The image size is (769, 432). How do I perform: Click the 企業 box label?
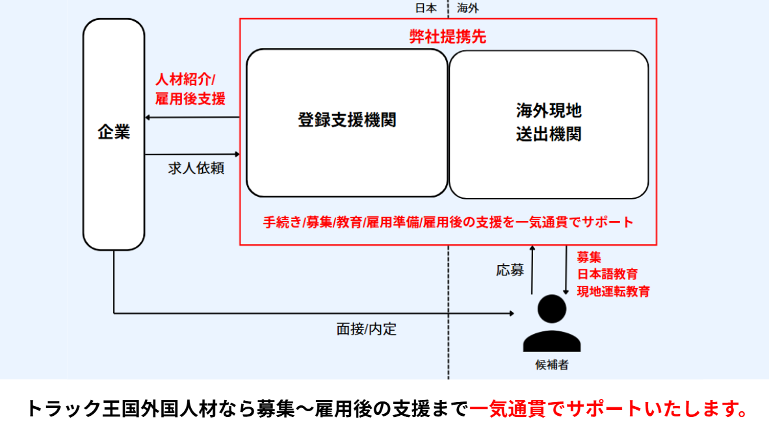[x=114, y=133]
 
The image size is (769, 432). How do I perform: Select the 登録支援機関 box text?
[x=347, y=120]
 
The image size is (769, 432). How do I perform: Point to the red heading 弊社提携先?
[x=448, y=37]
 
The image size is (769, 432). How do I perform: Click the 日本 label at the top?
[x=426, y=8]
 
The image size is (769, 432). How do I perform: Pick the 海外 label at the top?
[x=468, y=8]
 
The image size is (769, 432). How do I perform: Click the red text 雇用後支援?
[x=190, y=99]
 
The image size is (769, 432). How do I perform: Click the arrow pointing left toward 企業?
[x=192, y=118]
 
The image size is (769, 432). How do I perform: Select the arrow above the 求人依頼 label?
[x=192, y=155]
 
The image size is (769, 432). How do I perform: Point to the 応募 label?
[x=510, y=270]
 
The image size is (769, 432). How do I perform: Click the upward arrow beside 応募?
[x=532, y=270]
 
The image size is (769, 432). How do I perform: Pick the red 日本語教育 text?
[x=608, y=273]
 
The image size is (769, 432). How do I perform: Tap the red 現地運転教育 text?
[x=614, y=291]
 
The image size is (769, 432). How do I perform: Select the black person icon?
[x=552, y=324]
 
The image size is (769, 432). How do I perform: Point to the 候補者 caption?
[x=552, y=365]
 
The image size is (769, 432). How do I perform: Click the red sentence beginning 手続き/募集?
[x=448, y=222]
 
